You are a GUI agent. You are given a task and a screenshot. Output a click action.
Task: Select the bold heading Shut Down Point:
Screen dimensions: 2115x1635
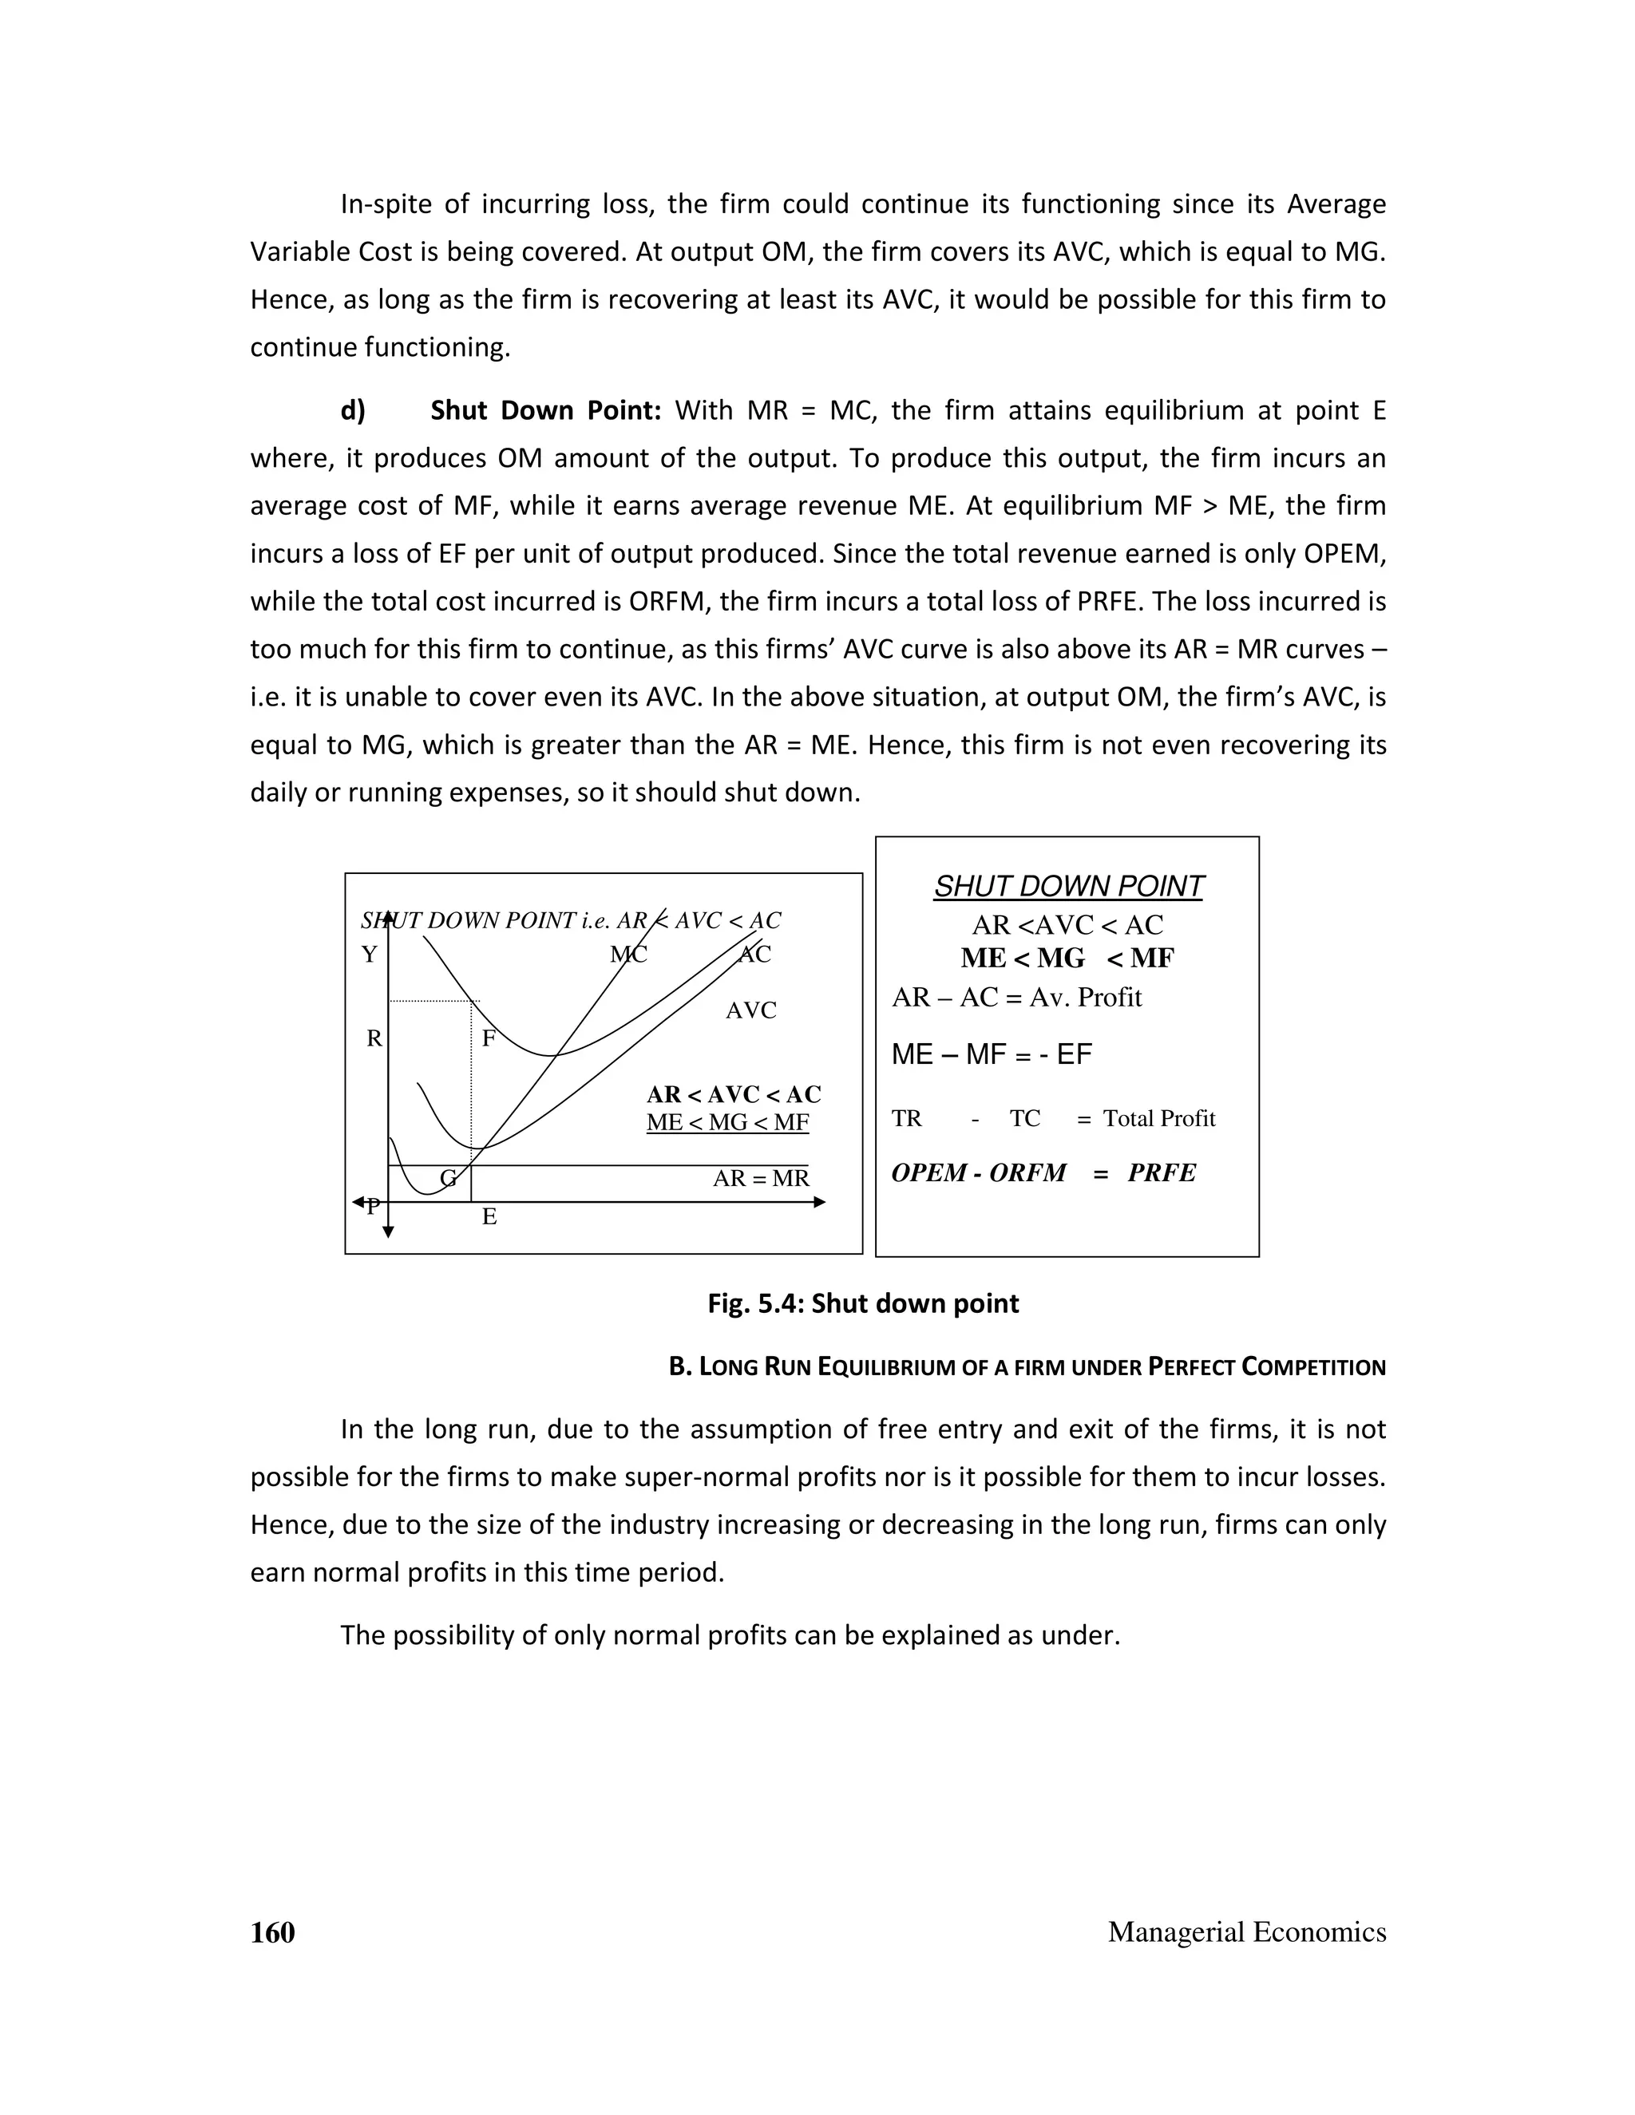point(545,410)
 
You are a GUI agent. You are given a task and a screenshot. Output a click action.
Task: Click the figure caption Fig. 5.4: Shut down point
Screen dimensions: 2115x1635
point(863,1303)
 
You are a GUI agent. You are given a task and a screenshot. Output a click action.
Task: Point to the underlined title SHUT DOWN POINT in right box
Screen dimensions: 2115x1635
point(1068,886)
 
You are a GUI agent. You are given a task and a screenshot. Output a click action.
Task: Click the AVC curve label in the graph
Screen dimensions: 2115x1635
point(750,1010)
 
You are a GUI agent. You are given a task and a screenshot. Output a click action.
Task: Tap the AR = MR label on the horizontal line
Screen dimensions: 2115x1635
point(760,1179)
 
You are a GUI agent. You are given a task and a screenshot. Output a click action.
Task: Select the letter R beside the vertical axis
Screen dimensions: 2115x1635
point(374,1039)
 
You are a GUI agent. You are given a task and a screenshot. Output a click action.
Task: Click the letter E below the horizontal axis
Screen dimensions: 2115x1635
point(489,1217)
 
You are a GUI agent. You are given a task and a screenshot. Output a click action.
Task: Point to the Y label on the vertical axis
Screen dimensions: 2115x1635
point(369,955)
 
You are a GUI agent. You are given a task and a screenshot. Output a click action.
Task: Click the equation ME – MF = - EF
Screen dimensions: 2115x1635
point(991,1054)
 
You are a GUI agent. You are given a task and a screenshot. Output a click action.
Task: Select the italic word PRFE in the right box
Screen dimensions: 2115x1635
point(1162,1172)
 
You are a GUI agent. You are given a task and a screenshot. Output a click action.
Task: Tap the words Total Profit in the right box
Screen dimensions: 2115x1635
point(1158,1118)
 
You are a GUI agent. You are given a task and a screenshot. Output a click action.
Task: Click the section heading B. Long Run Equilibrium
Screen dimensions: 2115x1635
point(1027,1367)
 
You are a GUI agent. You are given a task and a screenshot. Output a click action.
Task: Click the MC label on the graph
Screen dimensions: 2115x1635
point(627,955)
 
